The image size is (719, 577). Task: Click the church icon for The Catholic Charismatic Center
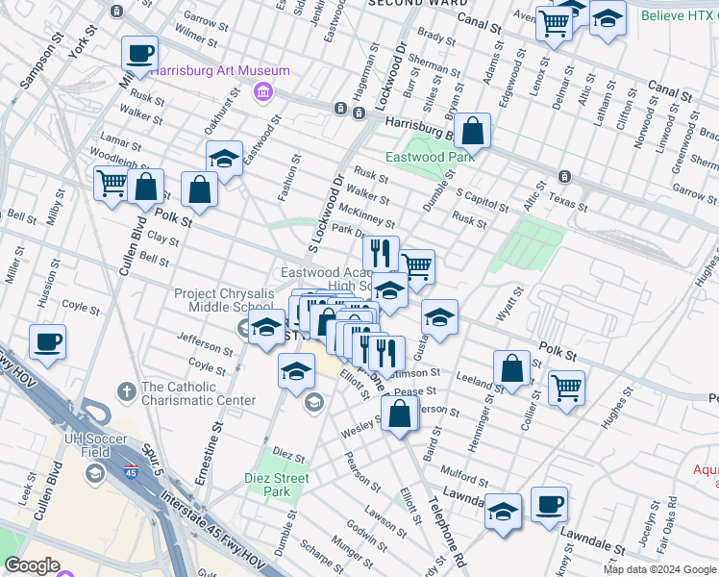click(126, 391)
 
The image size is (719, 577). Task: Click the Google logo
click(33, 565)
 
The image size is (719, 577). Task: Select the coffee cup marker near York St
click(139, 55)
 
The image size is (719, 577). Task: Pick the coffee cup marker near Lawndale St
click(549, 505)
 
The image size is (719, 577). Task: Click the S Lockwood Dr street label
click(324, 213)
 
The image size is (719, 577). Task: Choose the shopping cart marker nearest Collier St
click(566, 390)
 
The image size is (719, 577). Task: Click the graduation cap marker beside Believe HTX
click(607, 20)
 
